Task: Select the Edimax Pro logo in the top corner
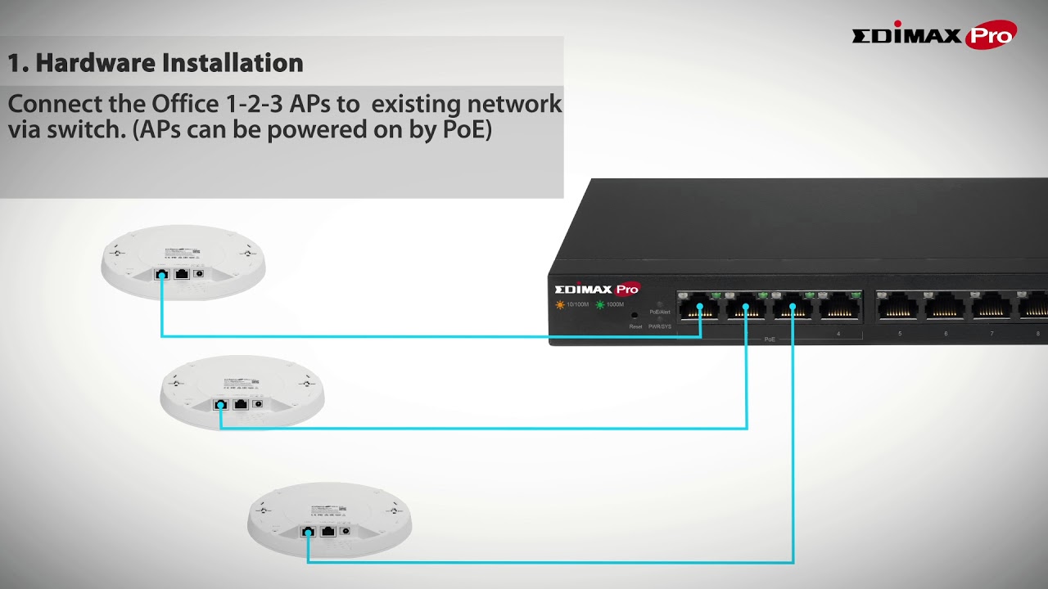(x=934, y=35)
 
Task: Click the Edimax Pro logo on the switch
(x=597, y=289)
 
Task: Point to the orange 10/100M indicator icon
(x=560, y=304)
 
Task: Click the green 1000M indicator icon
(x=599, y=304)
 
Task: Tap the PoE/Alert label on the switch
(x=660, y=312)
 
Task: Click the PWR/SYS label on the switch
(x=660, y=326)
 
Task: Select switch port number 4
(x=839, y=308)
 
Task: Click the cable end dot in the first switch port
(x=700, y=307)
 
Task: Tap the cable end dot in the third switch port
(x=793, y=307)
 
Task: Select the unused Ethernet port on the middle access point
(x=240, y=403)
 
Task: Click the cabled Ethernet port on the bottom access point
(x=308, y=532)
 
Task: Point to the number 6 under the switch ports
(x=946, y=333)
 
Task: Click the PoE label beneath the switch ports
(x=769, y=339)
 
